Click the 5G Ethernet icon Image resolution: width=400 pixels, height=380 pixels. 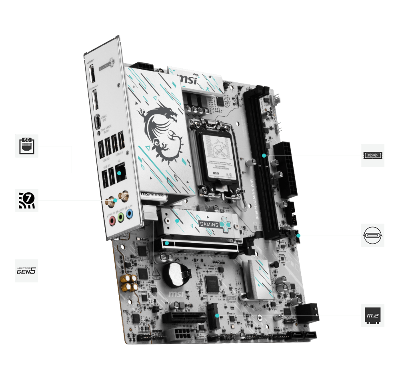27,146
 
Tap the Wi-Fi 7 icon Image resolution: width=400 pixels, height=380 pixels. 27,200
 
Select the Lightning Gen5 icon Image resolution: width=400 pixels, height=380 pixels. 27,271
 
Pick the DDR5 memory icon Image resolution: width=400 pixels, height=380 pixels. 373,155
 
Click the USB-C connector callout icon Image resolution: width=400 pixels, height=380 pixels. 373,235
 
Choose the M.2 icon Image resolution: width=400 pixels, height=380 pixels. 373,316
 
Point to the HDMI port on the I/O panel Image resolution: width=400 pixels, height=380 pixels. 92,74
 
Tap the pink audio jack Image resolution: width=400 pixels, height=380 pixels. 112,220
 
